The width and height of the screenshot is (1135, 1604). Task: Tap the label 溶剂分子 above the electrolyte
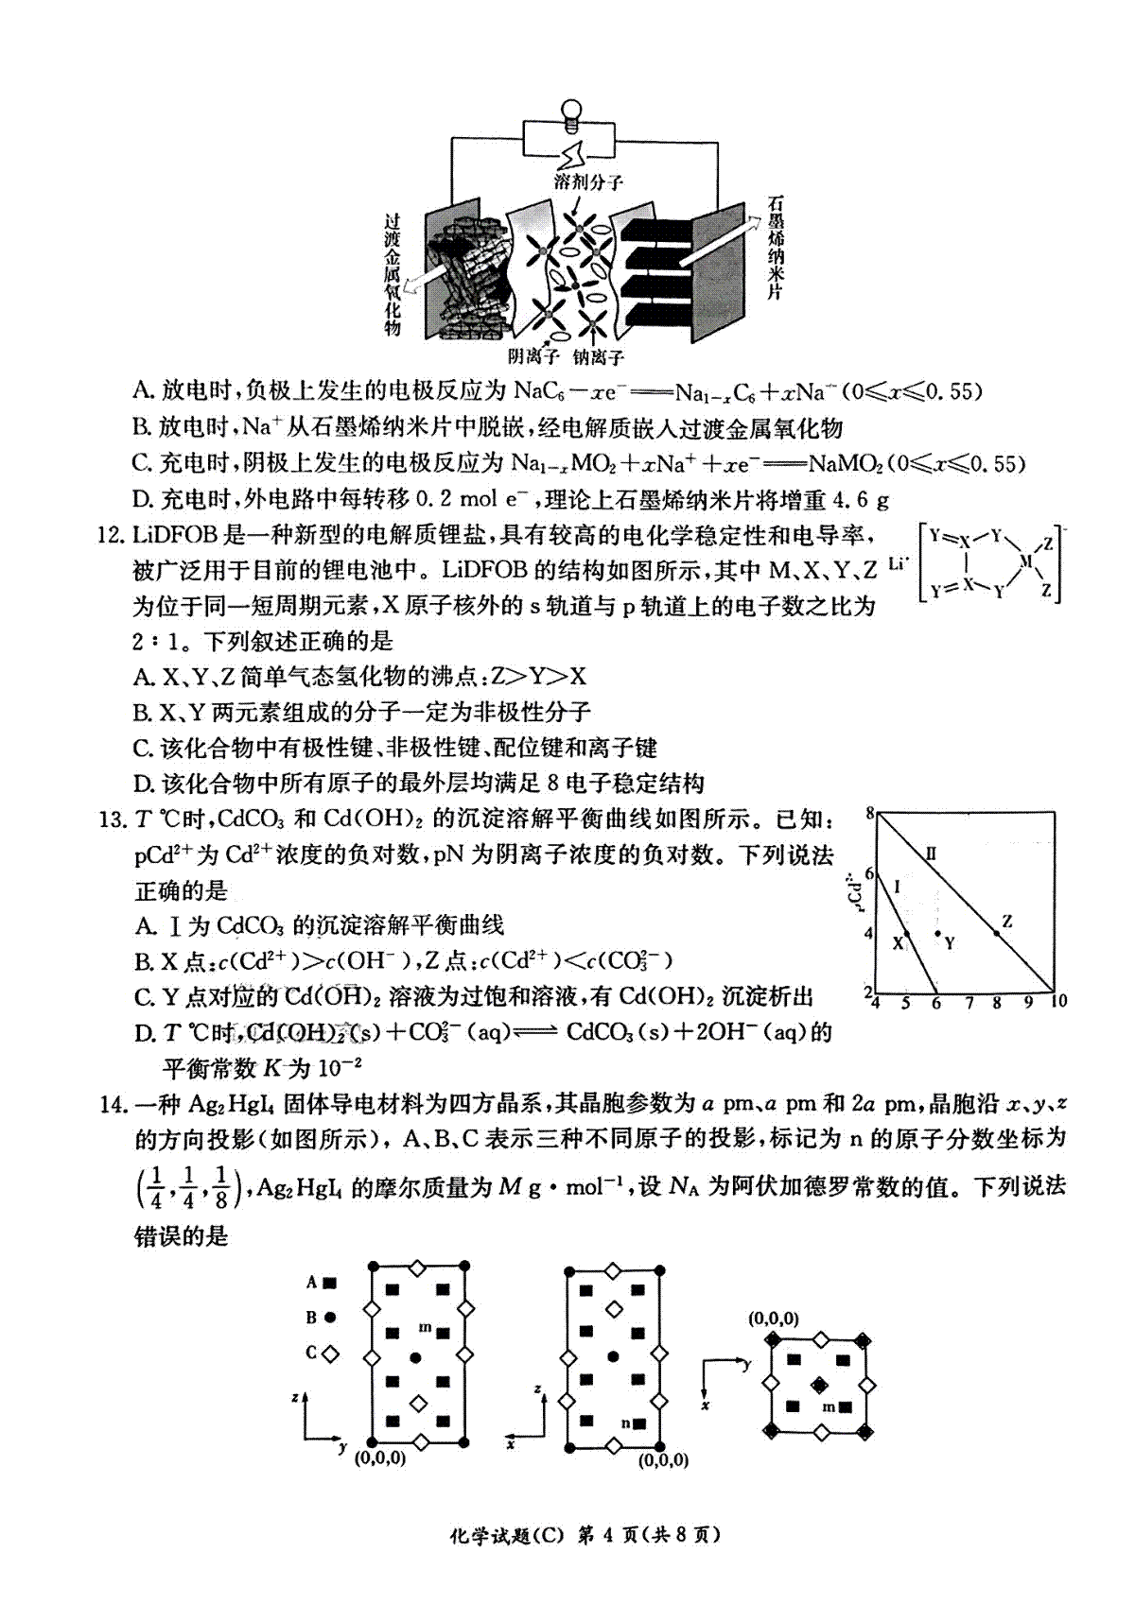pyautogui.click(x=588, y=181)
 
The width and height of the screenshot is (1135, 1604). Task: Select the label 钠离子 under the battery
pyautogui.click(x=598, y=356)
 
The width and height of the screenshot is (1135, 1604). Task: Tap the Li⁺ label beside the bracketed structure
pyautogui.click(x=899, y=564)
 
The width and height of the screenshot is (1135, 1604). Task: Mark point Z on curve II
pyautogui.click(x=996, y=933)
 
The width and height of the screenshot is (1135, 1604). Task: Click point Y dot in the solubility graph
pyautogui.click(x=937, y=934)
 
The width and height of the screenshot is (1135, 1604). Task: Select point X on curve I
pyautogui.click(x=907, y=934)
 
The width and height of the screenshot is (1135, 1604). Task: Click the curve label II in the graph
pyautogui.click(x=931, y=854)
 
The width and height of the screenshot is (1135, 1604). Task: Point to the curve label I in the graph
pyautogui.click(x=896, y=886)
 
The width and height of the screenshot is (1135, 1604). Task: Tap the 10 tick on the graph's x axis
pyautogui.click(x=1057, y=1002)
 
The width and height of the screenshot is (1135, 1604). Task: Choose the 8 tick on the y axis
pyautogui.click(x=870, y=812)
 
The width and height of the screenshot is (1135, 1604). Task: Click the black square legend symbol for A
pyautogui.click(x=329, y=1283)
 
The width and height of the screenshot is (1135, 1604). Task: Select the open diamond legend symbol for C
pyautogui.click(x=329, y=1354)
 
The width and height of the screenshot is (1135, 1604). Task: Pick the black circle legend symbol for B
pyautogui.click(x=329, y=1318)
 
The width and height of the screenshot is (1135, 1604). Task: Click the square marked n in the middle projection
pyautogui.click(x=640, y=1423)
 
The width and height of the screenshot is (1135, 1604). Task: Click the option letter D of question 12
pyautogui.click(x=144, y=784)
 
